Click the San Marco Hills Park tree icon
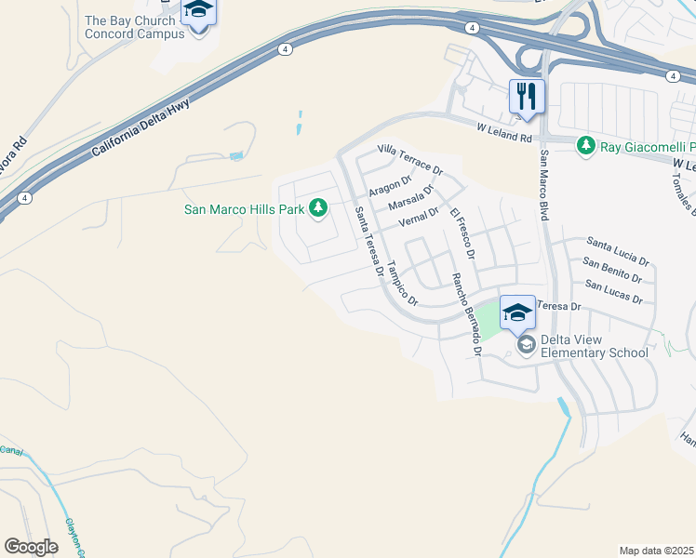(x=318, y=206)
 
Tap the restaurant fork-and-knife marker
(x=527, y=96)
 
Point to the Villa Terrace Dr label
(x=409, y=160)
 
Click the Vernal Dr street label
(x=418, y=218)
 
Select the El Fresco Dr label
(x=462, y=233)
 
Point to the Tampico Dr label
(x=403, y=283)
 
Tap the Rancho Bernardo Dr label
(x=466, y=314)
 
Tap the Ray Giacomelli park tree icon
(x=585, y=146)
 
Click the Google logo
(x=32, y=547)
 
